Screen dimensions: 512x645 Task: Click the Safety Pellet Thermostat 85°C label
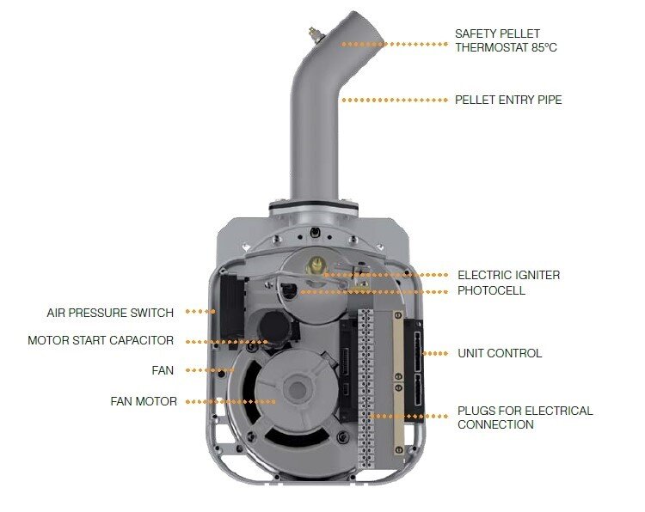506,40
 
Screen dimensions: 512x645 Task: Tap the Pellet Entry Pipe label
508,100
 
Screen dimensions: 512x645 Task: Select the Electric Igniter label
508,275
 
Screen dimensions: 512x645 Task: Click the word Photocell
491,290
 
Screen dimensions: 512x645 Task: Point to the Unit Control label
500,353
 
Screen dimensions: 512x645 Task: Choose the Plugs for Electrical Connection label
525,418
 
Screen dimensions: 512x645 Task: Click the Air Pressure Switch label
110,313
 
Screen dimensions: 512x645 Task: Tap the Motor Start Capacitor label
101,340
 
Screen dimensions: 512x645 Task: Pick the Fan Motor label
144,401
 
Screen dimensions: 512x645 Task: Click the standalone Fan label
163,371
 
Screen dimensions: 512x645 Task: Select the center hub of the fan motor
298,390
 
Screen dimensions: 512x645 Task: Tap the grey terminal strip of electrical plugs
367,378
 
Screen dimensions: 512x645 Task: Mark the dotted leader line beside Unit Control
436,353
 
